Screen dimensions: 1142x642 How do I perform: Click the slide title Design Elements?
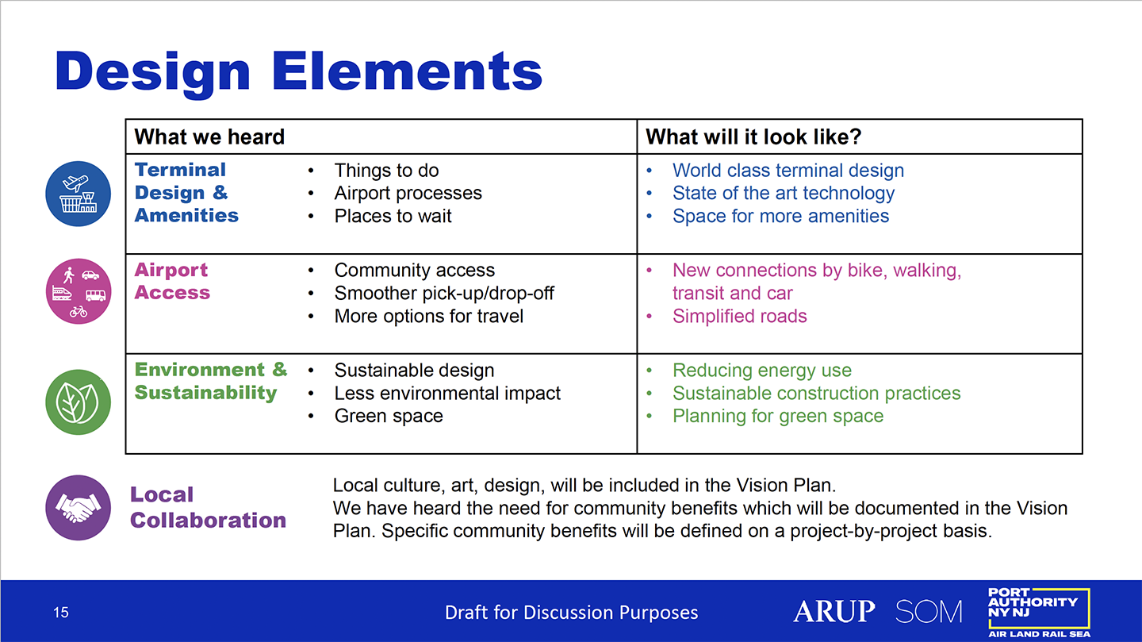299,72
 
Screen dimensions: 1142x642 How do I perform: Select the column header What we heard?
209,136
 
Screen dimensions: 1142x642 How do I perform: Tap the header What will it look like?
753,136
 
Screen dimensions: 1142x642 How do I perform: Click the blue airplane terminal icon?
78,194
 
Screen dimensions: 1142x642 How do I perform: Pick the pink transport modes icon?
78,291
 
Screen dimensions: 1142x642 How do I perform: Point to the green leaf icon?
78,402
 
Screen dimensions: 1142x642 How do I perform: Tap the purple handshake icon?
78,508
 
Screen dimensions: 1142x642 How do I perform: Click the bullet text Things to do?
386,171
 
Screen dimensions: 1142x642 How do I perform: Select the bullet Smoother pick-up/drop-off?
444,293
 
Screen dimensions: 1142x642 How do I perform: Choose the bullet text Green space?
389,416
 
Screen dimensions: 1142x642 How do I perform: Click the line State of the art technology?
783,194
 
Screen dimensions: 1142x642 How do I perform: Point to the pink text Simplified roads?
739,317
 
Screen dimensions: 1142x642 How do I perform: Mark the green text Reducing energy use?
761,371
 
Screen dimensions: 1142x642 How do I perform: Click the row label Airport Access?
172,281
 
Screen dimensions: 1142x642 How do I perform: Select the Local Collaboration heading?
208,507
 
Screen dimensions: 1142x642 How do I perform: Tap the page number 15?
60,613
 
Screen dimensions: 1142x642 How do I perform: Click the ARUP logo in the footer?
834,611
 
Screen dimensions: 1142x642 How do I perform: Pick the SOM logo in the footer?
929,611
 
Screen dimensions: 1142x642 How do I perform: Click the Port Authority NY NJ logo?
1039,613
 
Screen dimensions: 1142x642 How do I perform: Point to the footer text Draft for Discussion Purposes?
571,613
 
